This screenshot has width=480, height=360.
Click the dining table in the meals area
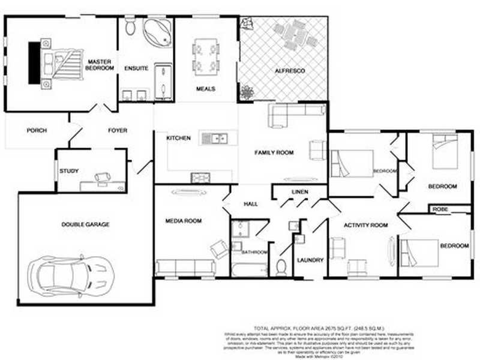point(206,56)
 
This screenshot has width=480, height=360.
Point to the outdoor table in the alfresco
point(295,35)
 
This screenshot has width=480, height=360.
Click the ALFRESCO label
point(290,71)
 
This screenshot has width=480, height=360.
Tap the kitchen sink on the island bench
point(214,139)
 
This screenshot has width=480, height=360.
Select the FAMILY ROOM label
point(274,153)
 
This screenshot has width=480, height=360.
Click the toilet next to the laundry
point(281,265)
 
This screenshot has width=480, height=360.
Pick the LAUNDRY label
point(310,260)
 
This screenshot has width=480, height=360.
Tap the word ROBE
point(439,209)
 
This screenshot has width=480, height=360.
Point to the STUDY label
point(69,171)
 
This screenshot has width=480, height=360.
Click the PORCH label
point(37,130)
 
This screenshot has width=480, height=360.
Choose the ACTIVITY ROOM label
point(365,225)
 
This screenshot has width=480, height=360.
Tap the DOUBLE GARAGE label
point(85,224)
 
